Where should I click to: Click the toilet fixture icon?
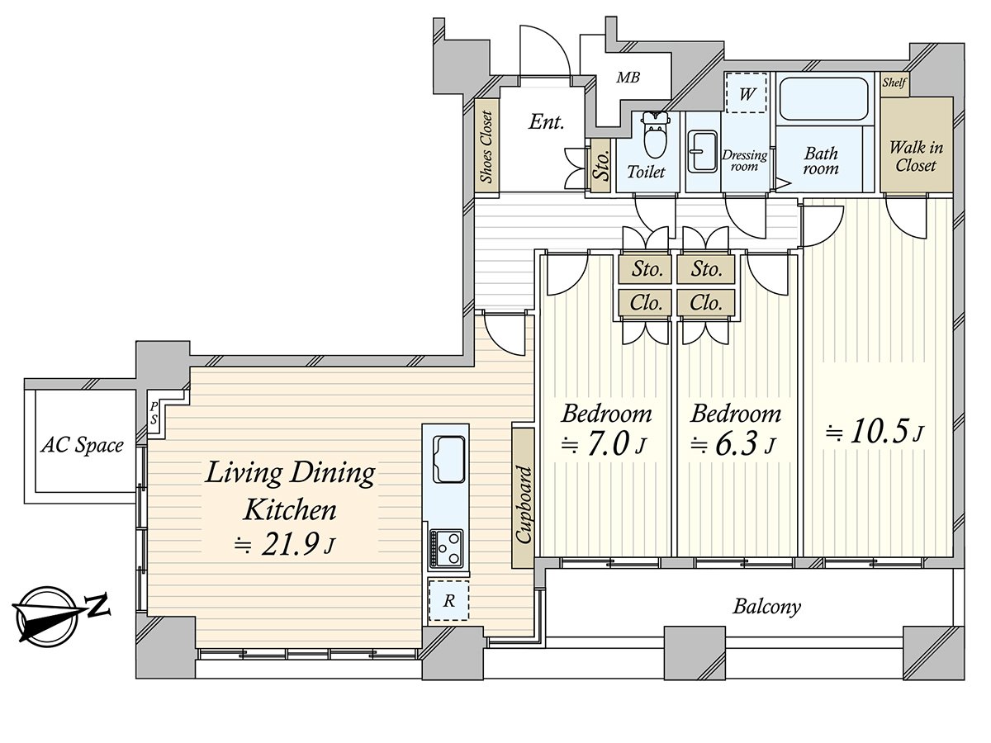(x=656, y=137)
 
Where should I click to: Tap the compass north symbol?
(x=51, y=614)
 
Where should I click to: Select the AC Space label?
(x=82, y=446)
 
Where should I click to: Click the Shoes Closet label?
(x=486, y=147)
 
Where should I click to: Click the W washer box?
(x=747, y=94)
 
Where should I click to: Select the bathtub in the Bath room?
(x=825, y=99)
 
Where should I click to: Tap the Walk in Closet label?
(x=916, y=156)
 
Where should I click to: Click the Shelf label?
(x=894, y=83)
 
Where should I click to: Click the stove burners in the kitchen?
(x=446, y=547)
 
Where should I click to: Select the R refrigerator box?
(x=448, y=601)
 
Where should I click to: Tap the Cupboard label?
(x=523, y=505)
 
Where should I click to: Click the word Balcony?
(x=767, y=608)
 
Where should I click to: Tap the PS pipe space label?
(x=154, y=413)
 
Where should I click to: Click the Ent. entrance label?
(x=546, y=123)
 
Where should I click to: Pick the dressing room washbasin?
(x=703, y=150)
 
